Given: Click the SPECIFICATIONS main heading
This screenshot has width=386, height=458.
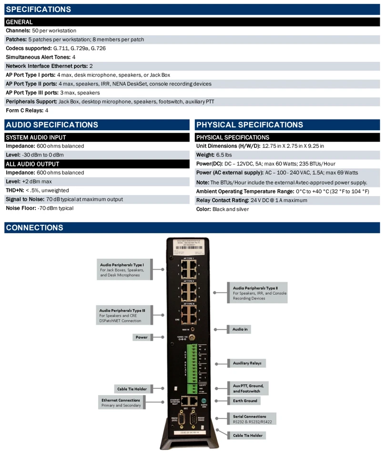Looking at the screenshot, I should pos(38,9).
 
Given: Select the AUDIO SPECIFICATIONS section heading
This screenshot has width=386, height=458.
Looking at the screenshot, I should pos(51,125).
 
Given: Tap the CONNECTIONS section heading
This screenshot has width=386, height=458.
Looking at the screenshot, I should pos(34,228).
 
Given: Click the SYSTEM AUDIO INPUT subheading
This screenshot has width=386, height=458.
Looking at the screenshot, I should pos(36,137).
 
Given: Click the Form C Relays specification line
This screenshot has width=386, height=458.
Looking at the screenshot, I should pos(27,110).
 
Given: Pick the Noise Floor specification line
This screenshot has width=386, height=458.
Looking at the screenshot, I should pos(40,208).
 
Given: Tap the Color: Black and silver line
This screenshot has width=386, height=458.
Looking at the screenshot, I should pos(223,209).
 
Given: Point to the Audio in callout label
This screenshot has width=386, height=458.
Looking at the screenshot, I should pos(240,329).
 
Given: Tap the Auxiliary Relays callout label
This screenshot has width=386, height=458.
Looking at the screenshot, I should pos(247,363).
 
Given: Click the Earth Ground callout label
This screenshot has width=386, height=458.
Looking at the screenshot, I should pos(245,401).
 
